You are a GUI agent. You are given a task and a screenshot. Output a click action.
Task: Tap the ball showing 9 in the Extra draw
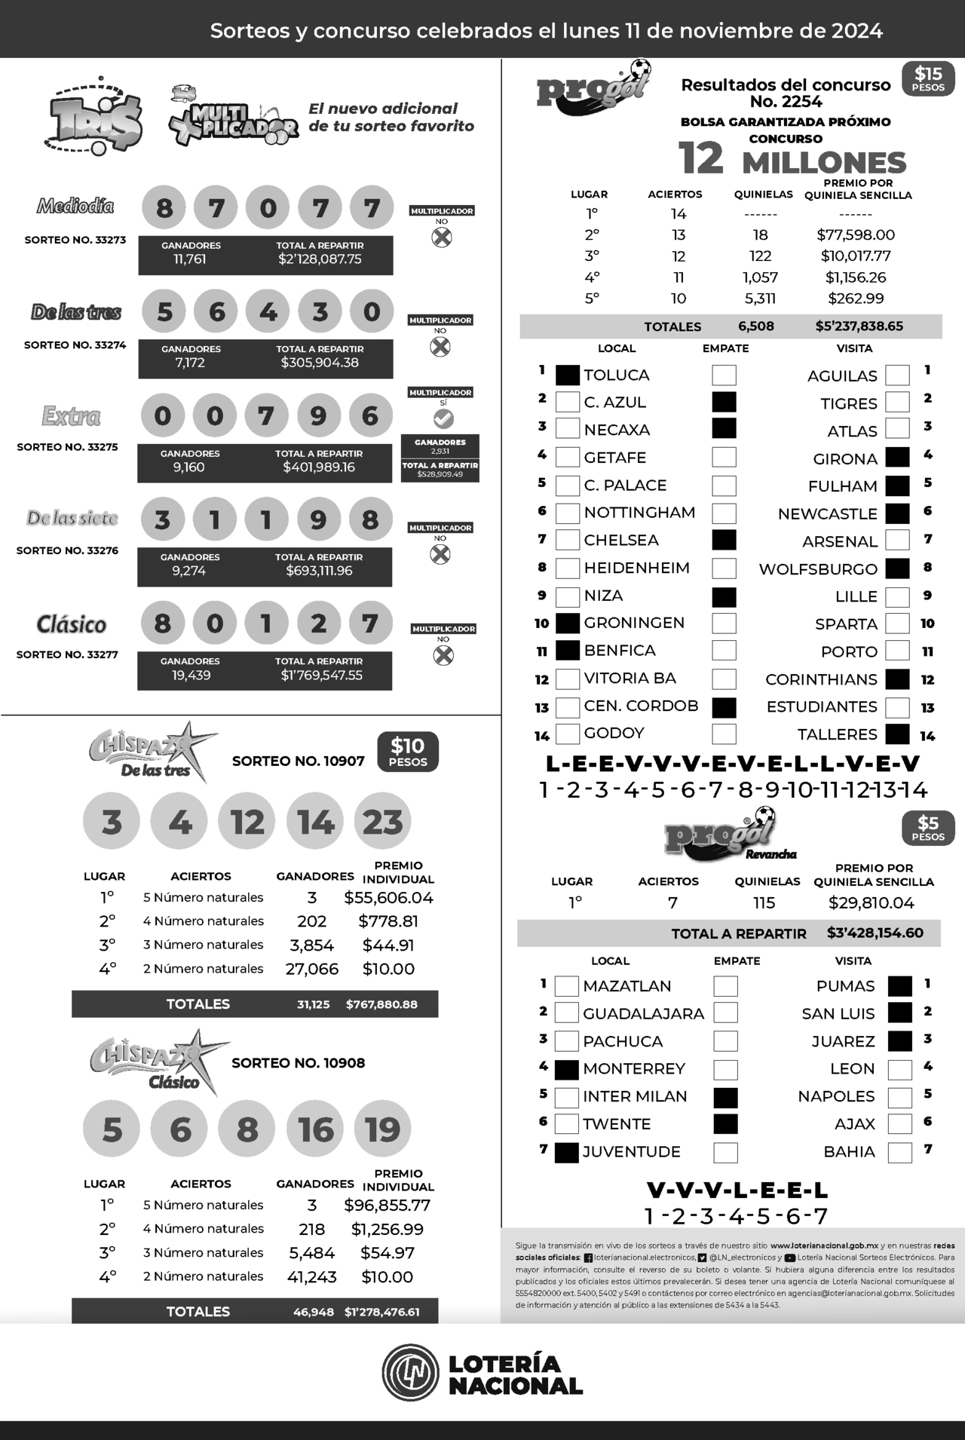318,415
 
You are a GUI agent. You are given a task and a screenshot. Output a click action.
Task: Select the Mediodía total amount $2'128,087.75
320,259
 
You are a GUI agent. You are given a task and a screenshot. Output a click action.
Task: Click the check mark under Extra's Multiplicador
443,418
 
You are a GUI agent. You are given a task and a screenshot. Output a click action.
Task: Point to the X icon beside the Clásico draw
443,655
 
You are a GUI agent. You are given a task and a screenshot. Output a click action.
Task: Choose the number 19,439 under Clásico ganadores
191,675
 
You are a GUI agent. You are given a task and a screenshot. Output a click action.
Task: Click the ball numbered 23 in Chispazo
383,821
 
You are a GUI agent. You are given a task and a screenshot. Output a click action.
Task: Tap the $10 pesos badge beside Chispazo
408,752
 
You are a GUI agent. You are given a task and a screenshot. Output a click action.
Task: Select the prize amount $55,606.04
388,897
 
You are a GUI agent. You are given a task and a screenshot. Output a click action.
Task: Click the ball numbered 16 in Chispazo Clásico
315,1129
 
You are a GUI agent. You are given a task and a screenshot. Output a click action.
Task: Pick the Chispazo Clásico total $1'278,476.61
381,1312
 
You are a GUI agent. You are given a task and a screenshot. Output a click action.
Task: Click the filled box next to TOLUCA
568,375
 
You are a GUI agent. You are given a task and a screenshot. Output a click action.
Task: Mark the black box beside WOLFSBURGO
897,568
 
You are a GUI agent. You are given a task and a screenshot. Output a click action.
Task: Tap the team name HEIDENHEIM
636,568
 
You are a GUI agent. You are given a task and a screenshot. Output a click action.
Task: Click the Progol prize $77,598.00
856,235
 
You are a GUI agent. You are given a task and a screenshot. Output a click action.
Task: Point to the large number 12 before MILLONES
701,158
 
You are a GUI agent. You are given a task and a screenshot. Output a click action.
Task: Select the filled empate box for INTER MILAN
725,1097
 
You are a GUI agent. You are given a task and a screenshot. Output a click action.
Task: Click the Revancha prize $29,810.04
871,902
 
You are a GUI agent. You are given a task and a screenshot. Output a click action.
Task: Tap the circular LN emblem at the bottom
409,1374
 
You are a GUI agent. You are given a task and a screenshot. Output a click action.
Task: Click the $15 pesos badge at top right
928,78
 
